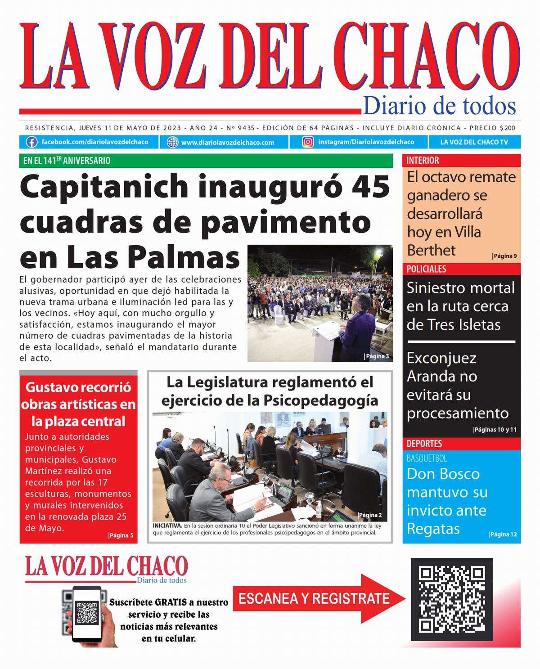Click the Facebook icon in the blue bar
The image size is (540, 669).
pos(31,142)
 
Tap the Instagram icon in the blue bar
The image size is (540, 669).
pos(308,142)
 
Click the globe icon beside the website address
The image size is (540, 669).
pos(172,143)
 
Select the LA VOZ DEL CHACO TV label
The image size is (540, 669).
pos(474,142)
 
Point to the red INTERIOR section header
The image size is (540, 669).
pos(423,161)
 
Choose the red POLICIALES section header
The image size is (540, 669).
pos(426,269)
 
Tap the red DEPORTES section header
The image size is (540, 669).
pos(424,444)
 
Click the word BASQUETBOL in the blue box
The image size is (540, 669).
pos(427,458)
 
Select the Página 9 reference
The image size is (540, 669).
pos(504,256)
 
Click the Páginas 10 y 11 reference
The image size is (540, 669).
pos(495,430)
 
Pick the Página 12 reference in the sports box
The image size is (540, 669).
pos(503,534)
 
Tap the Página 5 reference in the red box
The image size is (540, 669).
pos(121,535)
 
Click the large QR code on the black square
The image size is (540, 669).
pos(452,599)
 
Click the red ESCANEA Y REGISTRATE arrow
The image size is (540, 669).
pos(315,599)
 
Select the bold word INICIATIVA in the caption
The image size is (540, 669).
pos(167,525)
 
